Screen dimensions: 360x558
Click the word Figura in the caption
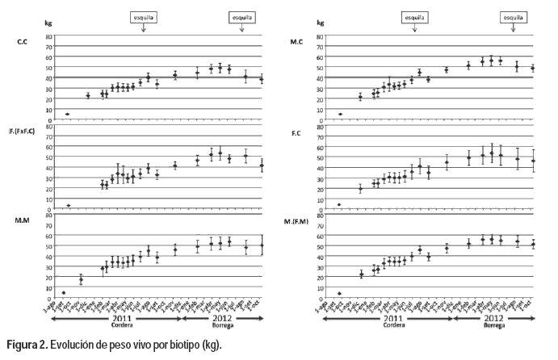click(x=22, y=346)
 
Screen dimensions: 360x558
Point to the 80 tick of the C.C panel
click(x=48, y=36)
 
